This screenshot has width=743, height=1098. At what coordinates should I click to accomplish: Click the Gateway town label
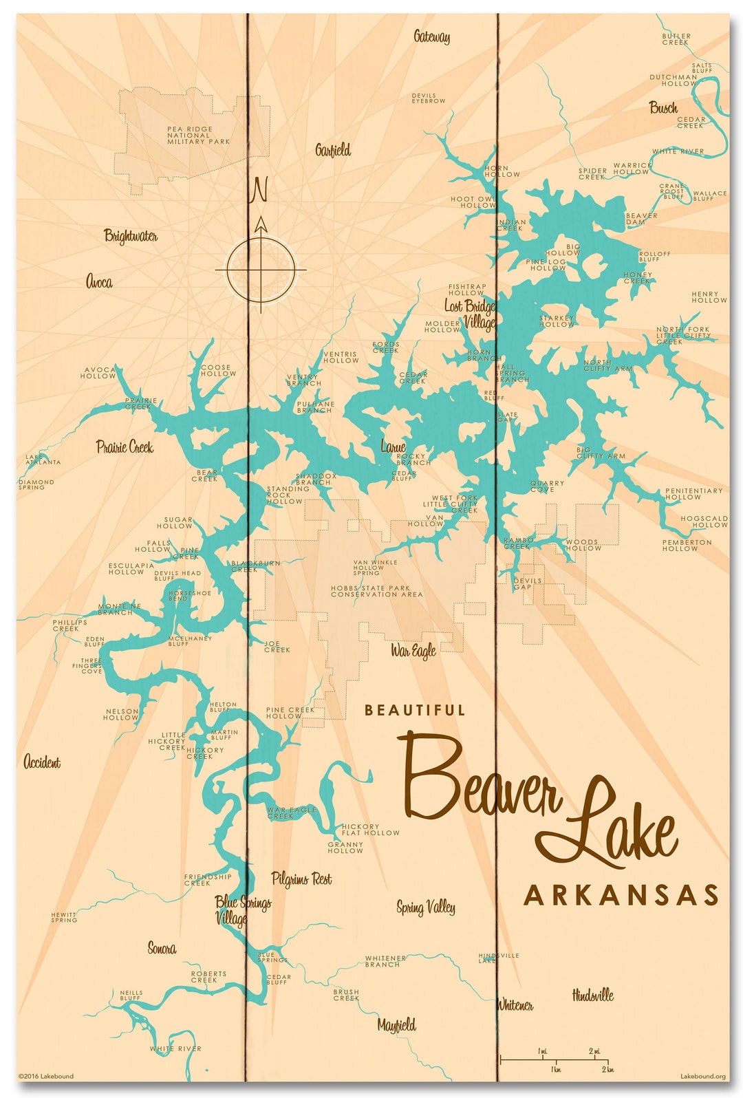coord(432,36)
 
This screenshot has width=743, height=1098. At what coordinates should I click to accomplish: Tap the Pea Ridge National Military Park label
coord(199,136)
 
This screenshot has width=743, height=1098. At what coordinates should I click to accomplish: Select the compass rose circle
coord(261,270)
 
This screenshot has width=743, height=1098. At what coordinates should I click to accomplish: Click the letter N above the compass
coord(259,190)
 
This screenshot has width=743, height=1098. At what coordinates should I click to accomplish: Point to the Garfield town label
coord(333,150)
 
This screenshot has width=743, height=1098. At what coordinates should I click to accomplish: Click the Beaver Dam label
coord(641,219)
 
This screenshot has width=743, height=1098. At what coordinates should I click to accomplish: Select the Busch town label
coord(663,108)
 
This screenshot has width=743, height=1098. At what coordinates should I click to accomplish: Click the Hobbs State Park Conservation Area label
coord(376,592)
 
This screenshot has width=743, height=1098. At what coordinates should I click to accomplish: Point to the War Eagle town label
coord(413,650)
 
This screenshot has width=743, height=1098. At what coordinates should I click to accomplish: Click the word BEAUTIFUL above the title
coord(415,710)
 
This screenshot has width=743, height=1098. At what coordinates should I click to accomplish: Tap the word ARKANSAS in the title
coord(621,896)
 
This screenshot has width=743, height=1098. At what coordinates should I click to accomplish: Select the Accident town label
coord(42,762)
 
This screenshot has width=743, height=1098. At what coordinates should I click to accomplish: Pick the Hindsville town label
coord(592,995)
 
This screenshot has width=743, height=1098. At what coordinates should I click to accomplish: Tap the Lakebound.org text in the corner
coord(702,1077)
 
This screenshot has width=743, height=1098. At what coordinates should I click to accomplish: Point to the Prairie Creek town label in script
coord(125,447)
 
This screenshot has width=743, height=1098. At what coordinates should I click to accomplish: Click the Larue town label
coord(394,447)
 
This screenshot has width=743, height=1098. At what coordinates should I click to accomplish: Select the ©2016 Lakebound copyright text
coord(46,1077)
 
